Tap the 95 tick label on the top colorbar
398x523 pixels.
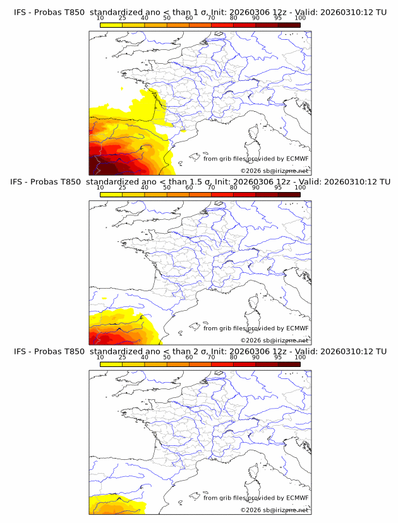(278, 17)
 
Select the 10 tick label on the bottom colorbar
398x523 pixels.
(100, 357)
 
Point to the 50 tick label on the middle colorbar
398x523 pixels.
(167, 188)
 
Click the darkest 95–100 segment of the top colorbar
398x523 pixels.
(289, 24)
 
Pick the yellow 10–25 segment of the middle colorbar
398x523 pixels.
(111, 194)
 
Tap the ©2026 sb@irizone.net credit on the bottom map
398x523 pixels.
(274, 510)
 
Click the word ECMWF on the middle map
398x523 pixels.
(298, 328)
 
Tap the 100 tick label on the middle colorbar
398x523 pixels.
(300, 188)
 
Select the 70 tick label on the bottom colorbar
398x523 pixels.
(211, 357)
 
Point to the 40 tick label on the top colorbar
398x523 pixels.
(145, 17)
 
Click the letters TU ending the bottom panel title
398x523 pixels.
(381, 351)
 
